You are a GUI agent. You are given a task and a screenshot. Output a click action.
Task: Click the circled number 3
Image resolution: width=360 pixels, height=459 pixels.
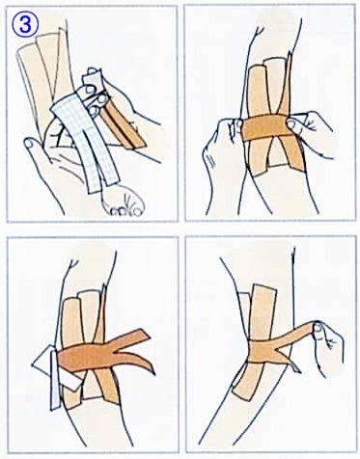[x=25, y=25]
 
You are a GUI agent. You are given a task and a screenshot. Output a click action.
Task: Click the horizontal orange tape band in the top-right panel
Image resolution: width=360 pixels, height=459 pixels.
[x=264, y=127]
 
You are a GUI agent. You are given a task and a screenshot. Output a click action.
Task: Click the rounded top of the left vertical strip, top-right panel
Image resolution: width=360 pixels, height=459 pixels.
[x=257, y=68]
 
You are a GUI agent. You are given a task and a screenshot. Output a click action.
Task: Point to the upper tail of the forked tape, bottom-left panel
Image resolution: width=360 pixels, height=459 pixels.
[x=132, y=339]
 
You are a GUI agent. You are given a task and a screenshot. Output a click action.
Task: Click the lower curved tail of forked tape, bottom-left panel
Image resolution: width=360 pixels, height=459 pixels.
[x=138, y=362]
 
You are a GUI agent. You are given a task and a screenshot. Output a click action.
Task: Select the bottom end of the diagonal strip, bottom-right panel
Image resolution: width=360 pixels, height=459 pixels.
[x=238, y=393]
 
